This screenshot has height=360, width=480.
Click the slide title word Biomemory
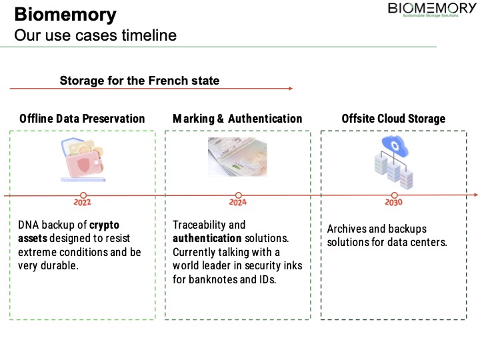[65, 15]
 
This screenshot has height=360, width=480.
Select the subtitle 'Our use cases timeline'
[95, 35]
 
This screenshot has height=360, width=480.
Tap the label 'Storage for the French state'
[139, 81]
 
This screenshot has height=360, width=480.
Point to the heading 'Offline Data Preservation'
[82, 119]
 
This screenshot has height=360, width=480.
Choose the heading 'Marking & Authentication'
[237, 119]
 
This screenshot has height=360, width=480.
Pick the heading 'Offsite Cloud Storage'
[393, 119]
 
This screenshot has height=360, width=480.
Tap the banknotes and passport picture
[237, 157]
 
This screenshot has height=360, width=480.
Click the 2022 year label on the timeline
[83, 203]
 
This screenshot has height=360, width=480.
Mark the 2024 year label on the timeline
[238, 203]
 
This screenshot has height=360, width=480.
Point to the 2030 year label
[393, 203]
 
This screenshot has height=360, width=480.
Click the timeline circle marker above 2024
[238, 195]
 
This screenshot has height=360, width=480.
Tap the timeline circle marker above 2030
[393, 195]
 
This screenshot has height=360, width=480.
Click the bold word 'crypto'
[105, 225]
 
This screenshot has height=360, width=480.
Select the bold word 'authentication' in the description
[207, 238]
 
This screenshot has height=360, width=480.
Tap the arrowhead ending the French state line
[290, 89]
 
